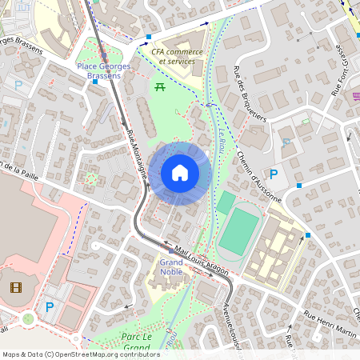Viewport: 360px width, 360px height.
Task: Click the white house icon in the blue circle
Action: coord(179,173)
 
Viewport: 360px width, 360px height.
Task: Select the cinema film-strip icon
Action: coord(16,286)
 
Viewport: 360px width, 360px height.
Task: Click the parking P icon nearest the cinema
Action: coord(50,306)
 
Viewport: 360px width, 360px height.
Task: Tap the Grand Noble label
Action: coord(170,266)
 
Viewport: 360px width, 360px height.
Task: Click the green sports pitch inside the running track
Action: coord(238,230)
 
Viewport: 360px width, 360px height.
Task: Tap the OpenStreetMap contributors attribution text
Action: coord(80,354)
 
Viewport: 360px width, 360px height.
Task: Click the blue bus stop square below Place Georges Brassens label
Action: coord(95,82)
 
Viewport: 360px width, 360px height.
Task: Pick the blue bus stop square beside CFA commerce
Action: coord(149,38)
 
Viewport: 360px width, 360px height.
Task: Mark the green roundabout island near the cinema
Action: coord(29,318)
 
